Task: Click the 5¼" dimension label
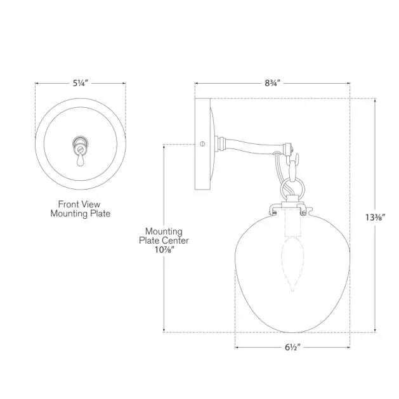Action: point(80,83)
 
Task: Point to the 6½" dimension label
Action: point(292,348)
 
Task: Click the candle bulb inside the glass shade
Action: point(292,260)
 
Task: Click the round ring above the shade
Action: point(291,188)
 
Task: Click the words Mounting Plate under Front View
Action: point(80,214)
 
